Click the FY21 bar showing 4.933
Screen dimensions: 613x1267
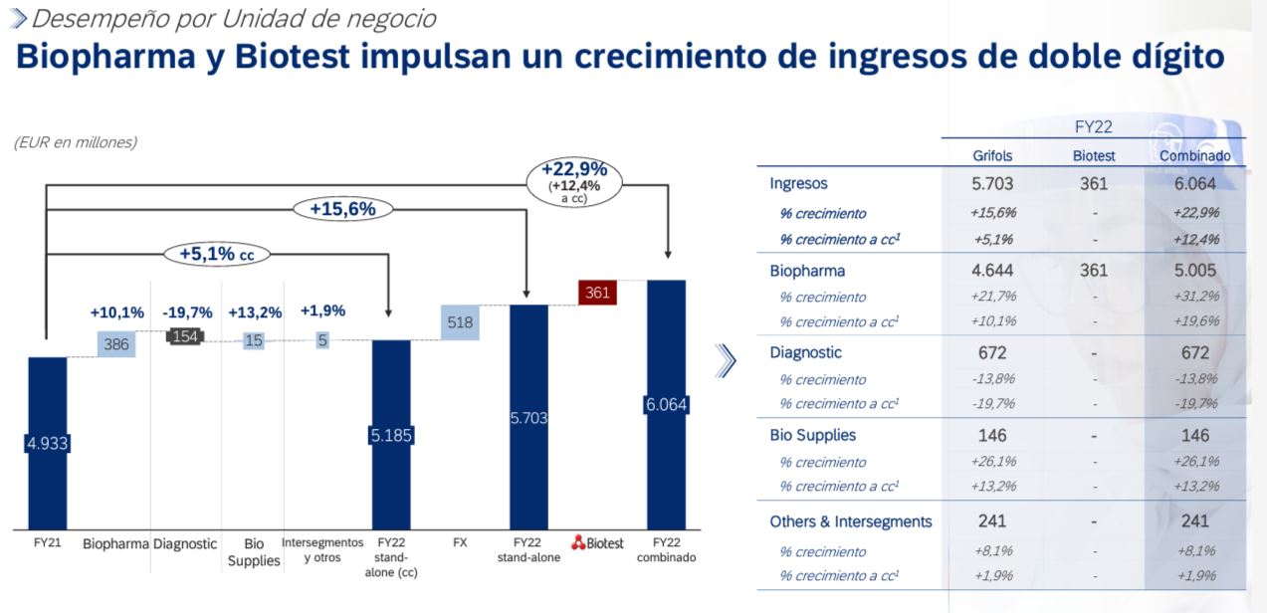coord(47,443)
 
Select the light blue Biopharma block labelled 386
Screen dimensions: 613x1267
coord(116,343)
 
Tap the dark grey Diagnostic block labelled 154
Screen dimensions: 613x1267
coord(185,336)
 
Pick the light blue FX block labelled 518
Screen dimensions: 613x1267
coord(460,322)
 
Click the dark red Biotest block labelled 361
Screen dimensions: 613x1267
coord(598,293)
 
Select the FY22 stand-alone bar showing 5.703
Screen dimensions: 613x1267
coord(528,417)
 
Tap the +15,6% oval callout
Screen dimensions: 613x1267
coord(342,209)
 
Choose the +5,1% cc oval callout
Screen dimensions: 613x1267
coord(217,254)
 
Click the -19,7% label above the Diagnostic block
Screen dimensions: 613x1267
coord(187,311)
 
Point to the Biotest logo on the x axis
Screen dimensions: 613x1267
coord(597,543)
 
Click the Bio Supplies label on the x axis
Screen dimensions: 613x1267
coord(254,552)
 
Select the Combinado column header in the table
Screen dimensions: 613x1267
coord(1194,156)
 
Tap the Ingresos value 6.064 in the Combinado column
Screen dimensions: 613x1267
coord(1194,184)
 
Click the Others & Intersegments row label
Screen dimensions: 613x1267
coord(851,521)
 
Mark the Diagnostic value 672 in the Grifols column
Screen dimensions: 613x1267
coord(992,353)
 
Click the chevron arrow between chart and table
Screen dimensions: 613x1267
coord(727,362)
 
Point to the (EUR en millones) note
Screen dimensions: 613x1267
coord(76,142)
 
